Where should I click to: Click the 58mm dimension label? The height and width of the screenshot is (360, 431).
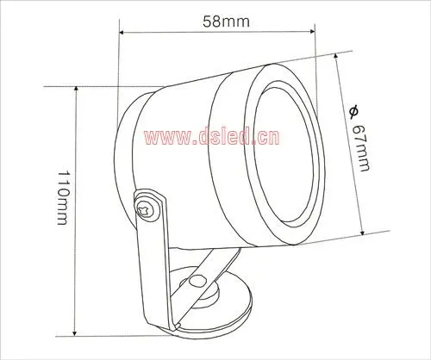(226, 22)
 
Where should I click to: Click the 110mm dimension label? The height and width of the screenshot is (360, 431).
(63, 198)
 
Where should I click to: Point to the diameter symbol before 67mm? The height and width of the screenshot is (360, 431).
(353, 112)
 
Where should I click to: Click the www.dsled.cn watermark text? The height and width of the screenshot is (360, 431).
(211, 137)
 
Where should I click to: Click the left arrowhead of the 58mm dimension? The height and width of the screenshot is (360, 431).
(122, 32)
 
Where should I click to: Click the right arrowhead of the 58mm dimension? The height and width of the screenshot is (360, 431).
(312, 31)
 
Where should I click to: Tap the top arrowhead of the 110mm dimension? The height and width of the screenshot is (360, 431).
(76, 89)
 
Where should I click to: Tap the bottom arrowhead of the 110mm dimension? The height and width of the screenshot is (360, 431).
(75, 332)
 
